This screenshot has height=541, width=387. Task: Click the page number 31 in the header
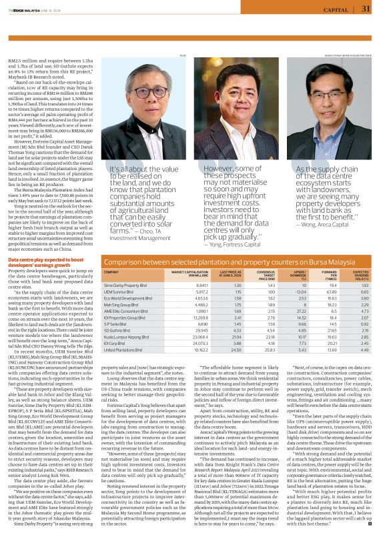tap(366, 9)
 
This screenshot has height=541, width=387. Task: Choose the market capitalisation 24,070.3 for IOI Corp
tap(183, 342)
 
